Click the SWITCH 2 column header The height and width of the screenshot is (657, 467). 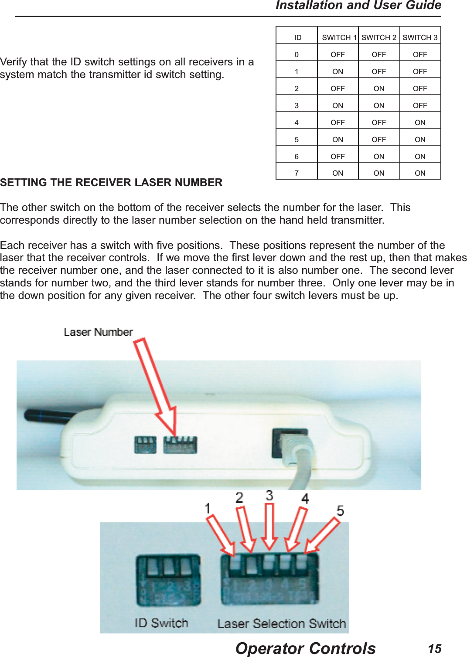click(x=378, y=37)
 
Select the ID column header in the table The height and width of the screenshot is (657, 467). click(x=297, y=37)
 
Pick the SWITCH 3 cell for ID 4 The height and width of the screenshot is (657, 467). click(x=420, y=123)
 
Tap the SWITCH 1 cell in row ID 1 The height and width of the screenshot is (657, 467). click(x=337, y=71)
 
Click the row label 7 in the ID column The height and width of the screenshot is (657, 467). click(x=297, y=173)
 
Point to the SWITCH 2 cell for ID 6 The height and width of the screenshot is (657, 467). click(x=378, y=157)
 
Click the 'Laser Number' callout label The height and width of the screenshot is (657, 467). click(x=98, y=332)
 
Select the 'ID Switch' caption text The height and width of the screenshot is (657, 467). click(x=161, y=623)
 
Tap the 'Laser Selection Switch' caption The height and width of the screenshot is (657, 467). click(x=281, y=624)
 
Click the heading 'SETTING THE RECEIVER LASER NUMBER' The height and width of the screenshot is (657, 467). click(x=111, y=182)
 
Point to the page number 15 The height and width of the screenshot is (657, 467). click(x=434, y=648)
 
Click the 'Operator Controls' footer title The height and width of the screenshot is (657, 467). click(x=305, y=648)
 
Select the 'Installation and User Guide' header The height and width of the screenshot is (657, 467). click(x=358, y=6)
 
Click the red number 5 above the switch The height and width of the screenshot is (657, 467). click(x=340, y=511)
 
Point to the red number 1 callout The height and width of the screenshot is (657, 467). click(x=208, y=508)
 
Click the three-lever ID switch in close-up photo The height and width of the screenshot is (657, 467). click(x=168, y=580)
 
